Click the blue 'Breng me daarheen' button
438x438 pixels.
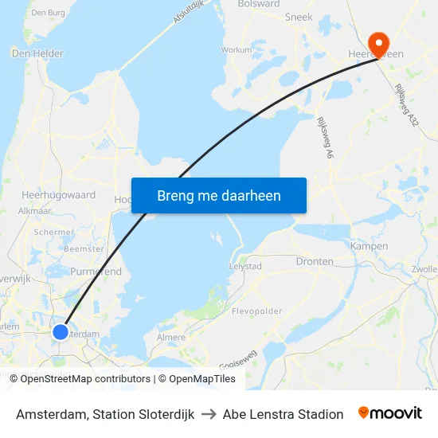click(x=219, y=195)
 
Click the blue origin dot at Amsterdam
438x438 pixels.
click(x=61, y=331)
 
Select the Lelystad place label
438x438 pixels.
click(x=245, y=266)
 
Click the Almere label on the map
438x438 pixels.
click(x=171, y=337)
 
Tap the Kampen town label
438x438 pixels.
click(x=369, y=246)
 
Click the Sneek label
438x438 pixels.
click(x=299, y=16)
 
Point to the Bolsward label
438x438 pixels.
click(x=259, y=4)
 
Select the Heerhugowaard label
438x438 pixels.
click(x=59, y=194)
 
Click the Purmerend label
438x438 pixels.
click(x=96, y=272)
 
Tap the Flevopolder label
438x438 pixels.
click(x=257, y=311)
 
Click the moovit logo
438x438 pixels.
click(x=389, y=413)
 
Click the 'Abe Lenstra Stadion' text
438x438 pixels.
click(x=283, y=414)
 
